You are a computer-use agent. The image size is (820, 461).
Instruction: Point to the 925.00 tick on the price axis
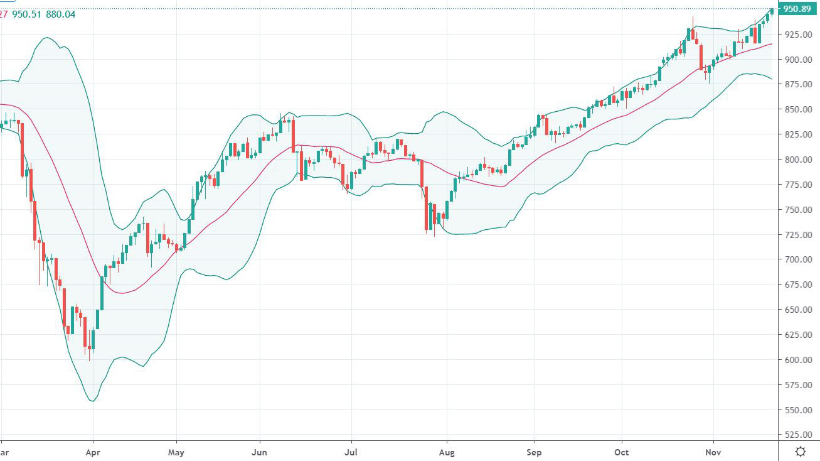(798, 34)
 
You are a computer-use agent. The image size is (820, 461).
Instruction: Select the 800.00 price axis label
(798, 160)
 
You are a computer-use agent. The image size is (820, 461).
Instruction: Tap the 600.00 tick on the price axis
(798, 360)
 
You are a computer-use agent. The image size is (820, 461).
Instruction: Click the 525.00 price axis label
(798, 435)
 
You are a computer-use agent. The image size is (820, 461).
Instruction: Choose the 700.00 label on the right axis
(798, 259)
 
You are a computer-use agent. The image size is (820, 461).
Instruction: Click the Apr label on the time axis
(93, 452)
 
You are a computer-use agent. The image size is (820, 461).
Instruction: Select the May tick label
(176, 452)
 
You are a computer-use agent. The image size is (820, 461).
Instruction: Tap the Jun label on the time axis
(259, 452)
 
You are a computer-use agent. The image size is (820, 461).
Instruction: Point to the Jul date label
(351, 452)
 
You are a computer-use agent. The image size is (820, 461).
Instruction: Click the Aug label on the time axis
(446, 452)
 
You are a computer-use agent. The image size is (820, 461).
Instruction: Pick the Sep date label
(535, 452)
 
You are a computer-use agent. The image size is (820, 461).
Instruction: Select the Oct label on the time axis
(622, 452)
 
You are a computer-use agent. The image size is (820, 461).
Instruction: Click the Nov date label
(713, 452)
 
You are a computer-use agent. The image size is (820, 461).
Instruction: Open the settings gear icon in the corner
(800, 452)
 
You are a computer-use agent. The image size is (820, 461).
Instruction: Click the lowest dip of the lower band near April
(93, 401)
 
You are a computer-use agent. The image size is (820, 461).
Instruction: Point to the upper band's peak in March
(48, 38)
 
